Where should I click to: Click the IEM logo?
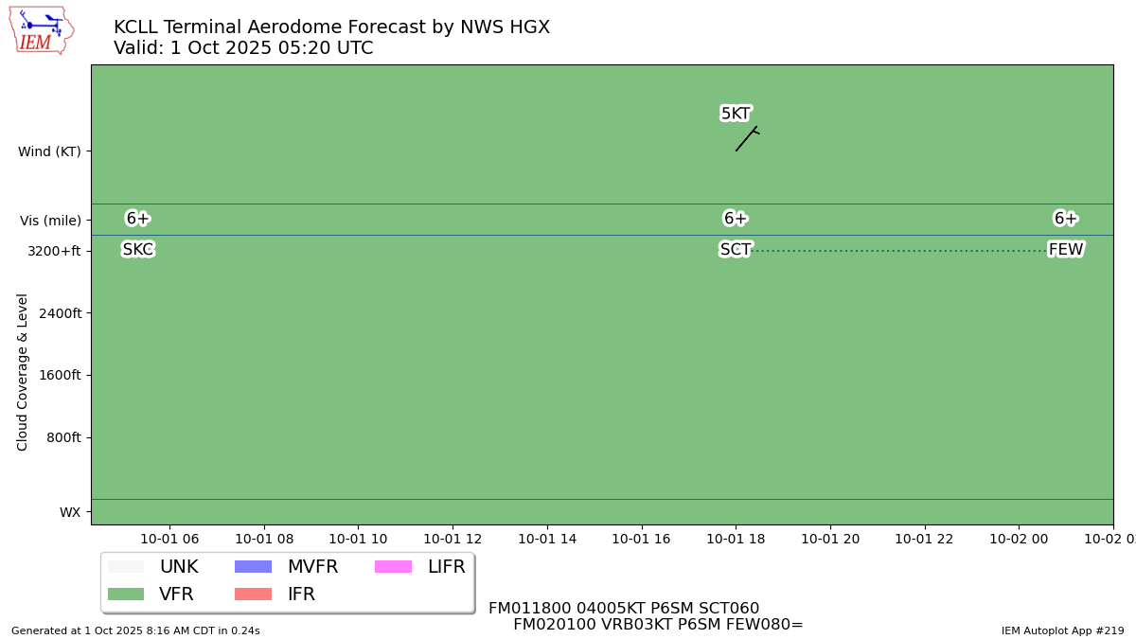(x=41, y=30)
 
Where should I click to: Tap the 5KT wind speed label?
(x=736, y=114)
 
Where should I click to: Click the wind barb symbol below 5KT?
(x=747, y=138)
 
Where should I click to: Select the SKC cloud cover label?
(x=137, y=250)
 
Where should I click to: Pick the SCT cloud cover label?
(x=736, y=250)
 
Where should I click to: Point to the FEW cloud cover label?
(x=1066, y=250)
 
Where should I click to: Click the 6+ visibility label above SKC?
(x=137, y=219)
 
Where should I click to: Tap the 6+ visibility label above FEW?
(x=1066, y=219)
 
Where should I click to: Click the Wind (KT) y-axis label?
(x=49, y=151)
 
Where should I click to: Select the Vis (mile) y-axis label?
(x=50, y=221)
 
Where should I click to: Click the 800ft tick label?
(x=62, y=437)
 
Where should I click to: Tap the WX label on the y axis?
(x=70, y=512)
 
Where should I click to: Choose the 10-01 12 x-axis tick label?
(x=453, y=539)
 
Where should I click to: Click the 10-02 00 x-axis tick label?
(x=1019, y=539)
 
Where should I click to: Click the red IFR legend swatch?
(x=253, y=595)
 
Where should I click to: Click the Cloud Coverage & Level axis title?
(x=23, y=372)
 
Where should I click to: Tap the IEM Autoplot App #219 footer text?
(x=1062, y=630)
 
